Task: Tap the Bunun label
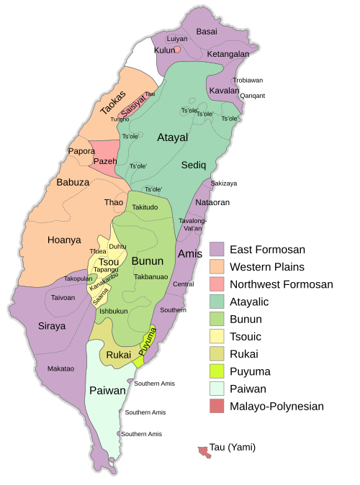(148, 260)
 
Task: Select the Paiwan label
(107, 391)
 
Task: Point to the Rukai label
(118, 355)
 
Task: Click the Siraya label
(52, 326)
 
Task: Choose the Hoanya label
(64, 240)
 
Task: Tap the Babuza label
(73, 182)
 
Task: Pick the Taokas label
(113, 103)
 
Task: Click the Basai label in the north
(207, 32)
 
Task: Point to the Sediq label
(193, 165)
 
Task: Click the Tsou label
(109, 262)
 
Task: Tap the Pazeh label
(105, 161)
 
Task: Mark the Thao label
(114, 203)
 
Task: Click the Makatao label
(60, 368)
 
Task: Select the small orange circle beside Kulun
(177, 50)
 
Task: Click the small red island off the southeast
(205, 452)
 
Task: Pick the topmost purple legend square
(217, 249)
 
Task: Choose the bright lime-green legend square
(217, 371)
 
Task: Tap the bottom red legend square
(217, 406)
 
